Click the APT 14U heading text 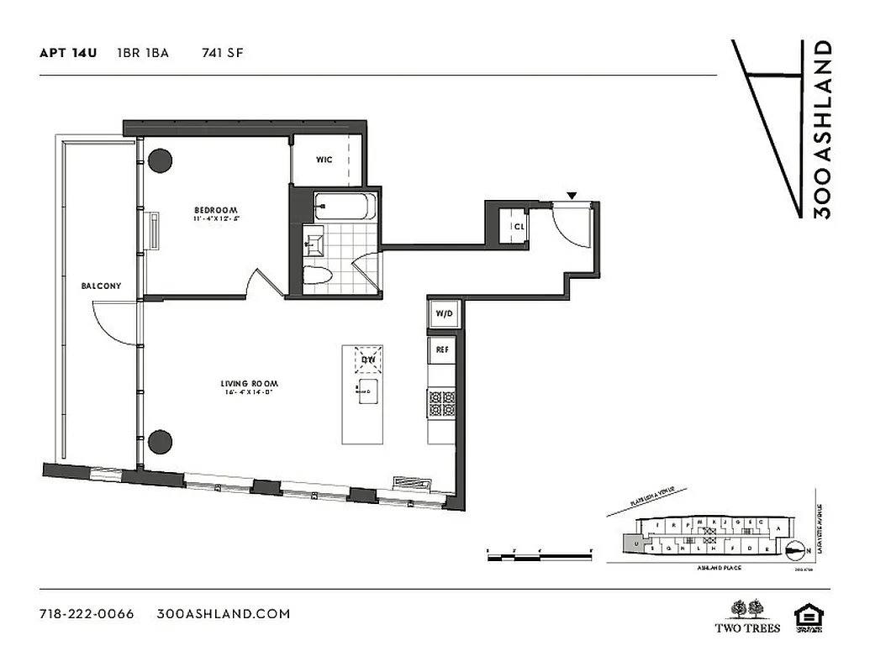(68, 53)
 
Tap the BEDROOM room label (216, 210)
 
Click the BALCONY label (101, 286)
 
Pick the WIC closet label (324, 160)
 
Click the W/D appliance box (443, 314)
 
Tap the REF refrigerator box (441, 348)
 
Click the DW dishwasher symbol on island (367, 359)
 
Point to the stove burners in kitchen (442, 403)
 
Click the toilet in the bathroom (316, 275)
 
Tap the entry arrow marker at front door (572, 197)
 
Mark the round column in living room (160, 441)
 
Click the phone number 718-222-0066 (87, 613)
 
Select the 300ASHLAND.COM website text (224, 613)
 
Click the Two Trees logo (747, 616)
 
